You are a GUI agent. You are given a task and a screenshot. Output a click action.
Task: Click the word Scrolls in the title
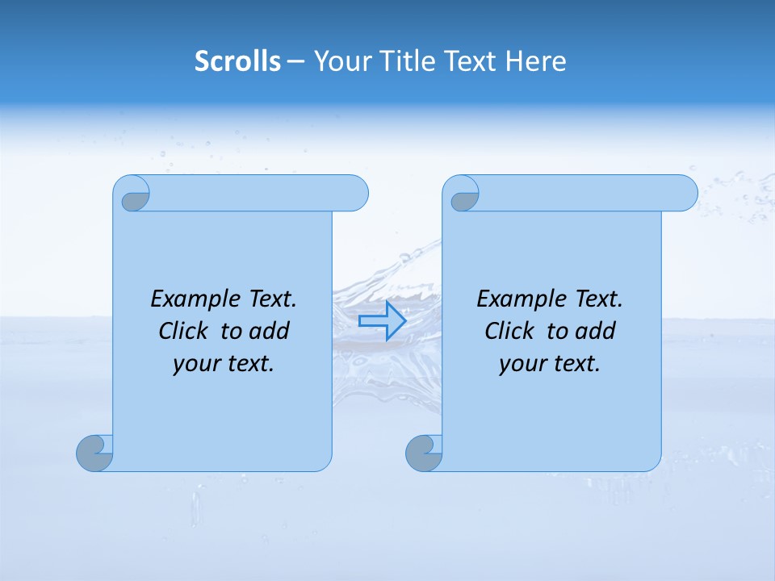(x=237, y=61)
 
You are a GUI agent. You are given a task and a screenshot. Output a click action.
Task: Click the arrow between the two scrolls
(x=382, y=320)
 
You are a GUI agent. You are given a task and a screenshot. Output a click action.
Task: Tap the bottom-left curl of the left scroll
(x=94, y=453)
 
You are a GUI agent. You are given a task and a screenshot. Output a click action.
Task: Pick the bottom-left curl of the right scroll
(x=423, y=453)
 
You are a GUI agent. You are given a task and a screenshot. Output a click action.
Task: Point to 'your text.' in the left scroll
(x=224, y=363)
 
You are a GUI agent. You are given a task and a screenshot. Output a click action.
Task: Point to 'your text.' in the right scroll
(x=550, y=363)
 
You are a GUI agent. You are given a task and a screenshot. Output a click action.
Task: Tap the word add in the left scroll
(x=270, y=331)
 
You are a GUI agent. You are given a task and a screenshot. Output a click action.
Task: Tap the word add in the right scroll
(x=596, y=331)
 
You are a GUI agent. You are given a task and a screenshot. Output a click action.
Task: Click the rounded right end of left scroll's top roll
(x=355, y=193)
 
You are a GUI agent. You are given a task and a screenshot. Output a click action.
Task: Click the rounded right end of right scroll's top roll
(x=685, y=193)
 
